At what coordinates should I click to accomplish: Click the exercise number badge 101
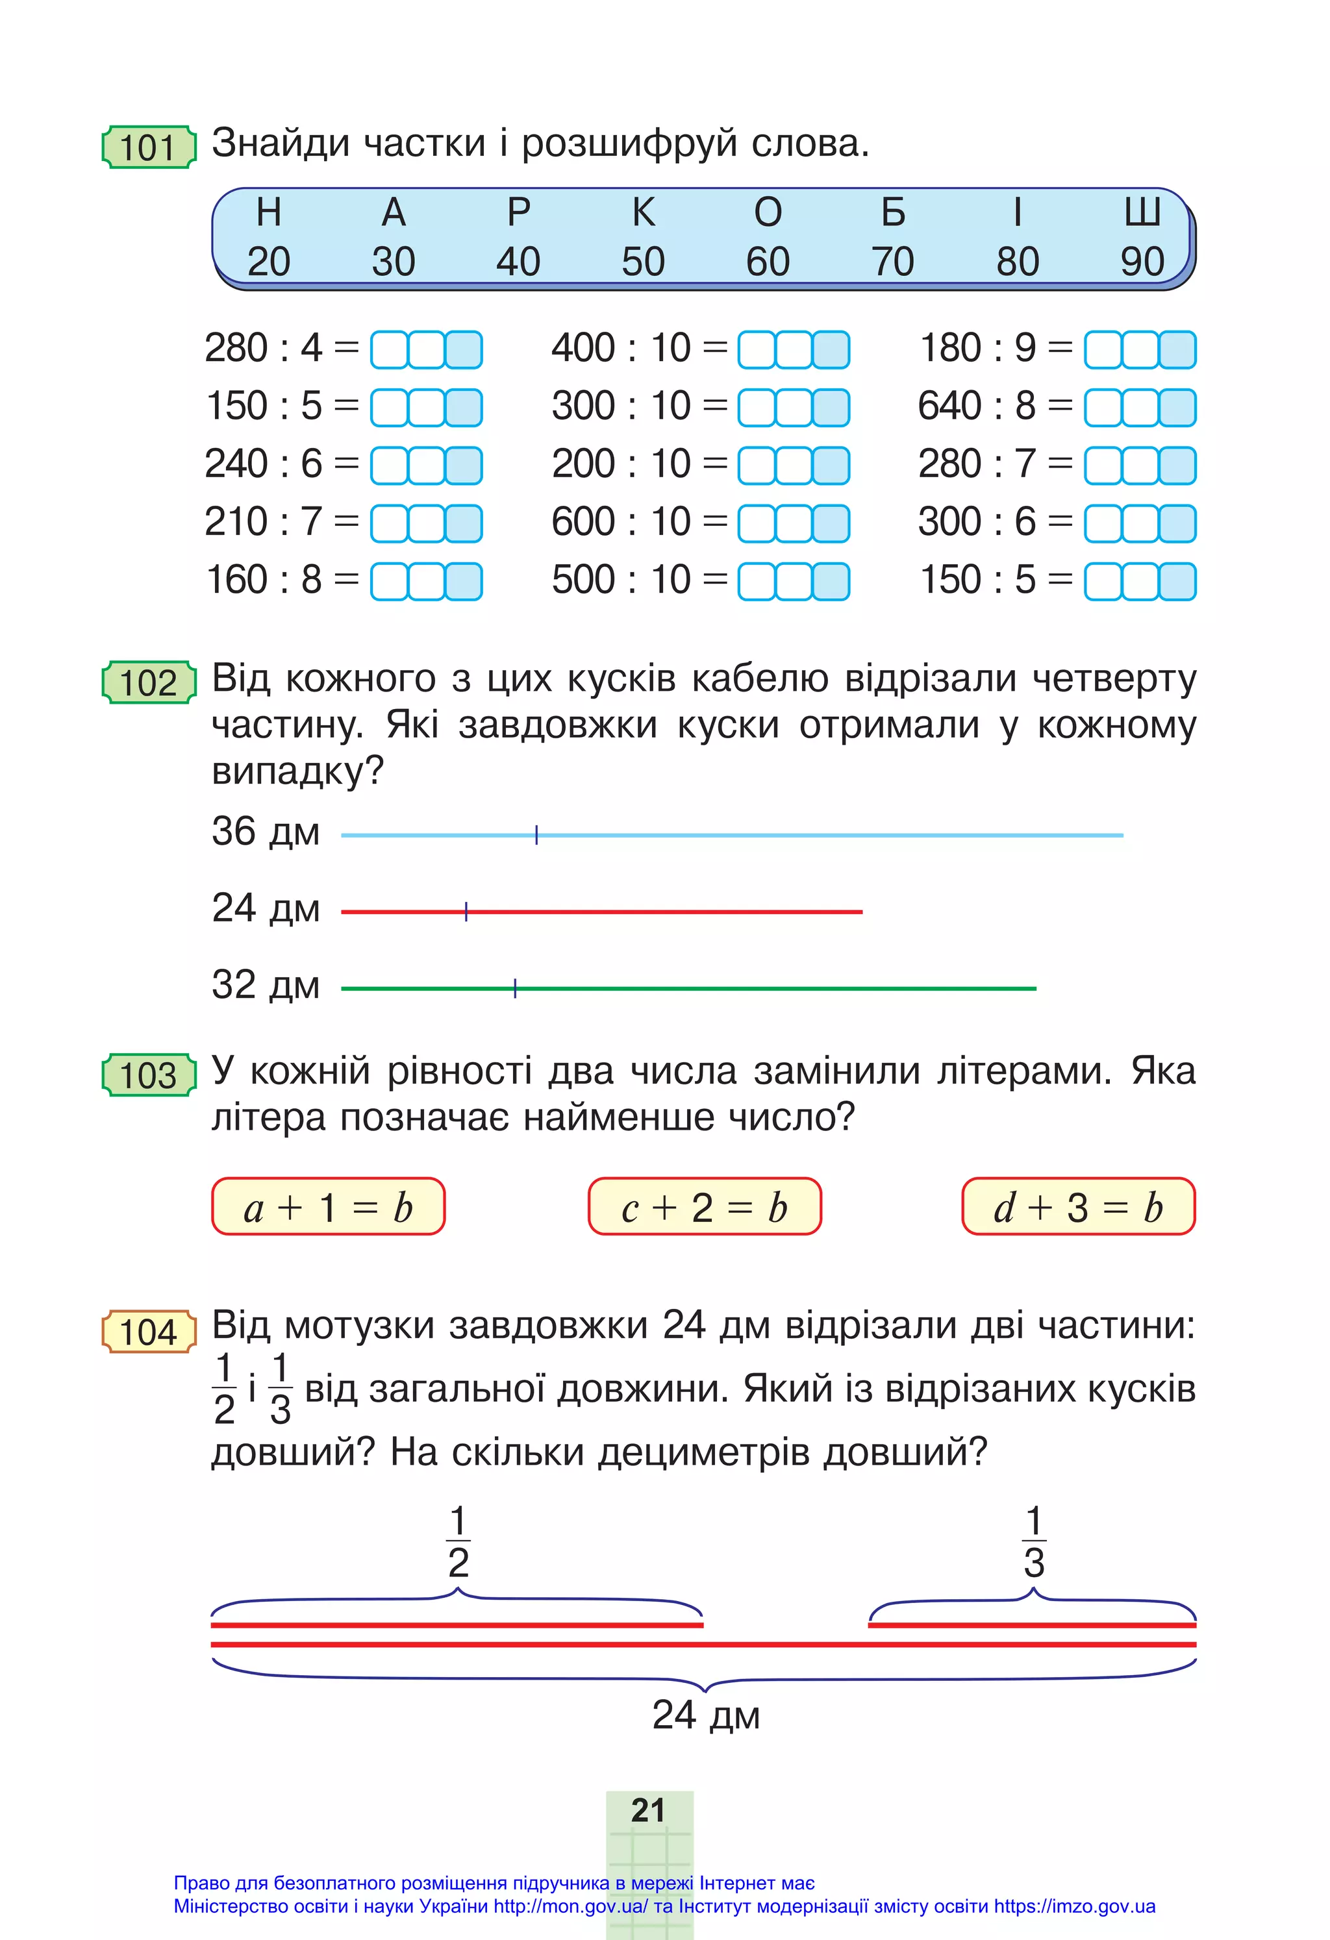click(149, 148)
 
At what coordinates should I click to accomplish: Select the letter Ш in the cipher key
click(1141, 213)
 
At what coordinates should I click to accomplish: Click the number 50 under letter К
click(643, 262)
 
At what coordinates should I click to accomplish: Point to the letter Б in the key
click(892, 213)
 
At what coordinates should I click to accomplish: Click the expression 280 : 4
click(263, 348)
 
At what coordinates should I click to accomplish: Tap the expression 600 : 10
click(621, 522)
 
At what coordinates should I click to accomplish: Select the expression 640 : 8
click(977, 406)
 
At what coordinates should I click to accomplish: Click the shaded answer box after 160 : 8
click(464, 581)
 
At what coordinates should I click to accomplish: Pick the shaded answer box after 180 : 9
click(1177, 350)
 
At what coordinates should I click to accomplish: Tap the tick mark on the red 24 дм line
click(466, 912)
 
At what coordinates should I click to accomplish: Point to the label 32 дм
click(266, 985)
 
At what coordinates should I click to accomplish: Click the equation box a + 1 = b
click(328, 1207)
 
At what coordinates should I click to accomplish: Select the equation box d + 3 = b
click(1078, 1207)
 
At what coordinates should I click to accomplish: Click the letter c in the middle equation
click(631, 1210)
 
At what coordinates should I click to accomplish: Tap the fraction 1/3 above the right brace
click(1034, 1542)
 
